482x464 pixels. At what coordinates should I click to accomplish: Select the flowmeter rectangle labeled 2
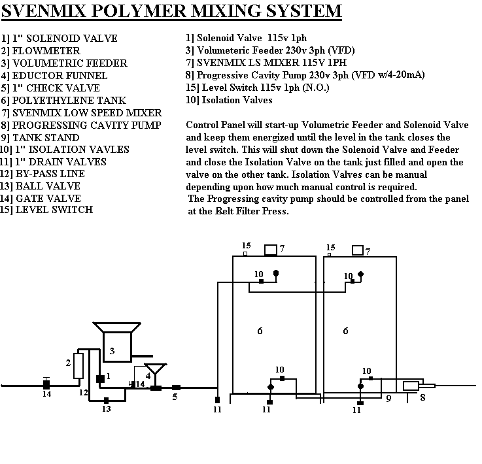78,366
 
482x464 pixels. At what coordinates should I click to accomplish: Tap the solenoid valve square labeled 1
100,378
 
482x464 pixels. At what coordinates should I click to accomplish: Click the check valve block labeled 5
176,388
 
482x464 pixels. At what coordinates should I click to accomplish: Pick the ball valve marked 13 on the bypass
106,399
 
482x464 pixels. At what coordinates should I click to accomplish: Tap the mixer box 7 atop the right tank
358,250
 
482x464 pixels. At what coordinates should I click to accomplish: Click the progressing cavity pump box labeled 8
411,386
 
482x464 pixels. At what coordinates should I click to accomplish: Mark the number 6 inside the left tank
260,331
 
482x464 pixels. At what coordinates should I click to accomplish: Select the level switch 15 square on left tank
245,254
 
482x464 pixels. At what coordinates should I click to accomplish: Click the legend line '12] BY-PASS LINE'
43,174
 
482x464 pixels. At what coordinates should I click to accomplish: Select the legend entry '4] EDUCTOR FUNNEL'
52,75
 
